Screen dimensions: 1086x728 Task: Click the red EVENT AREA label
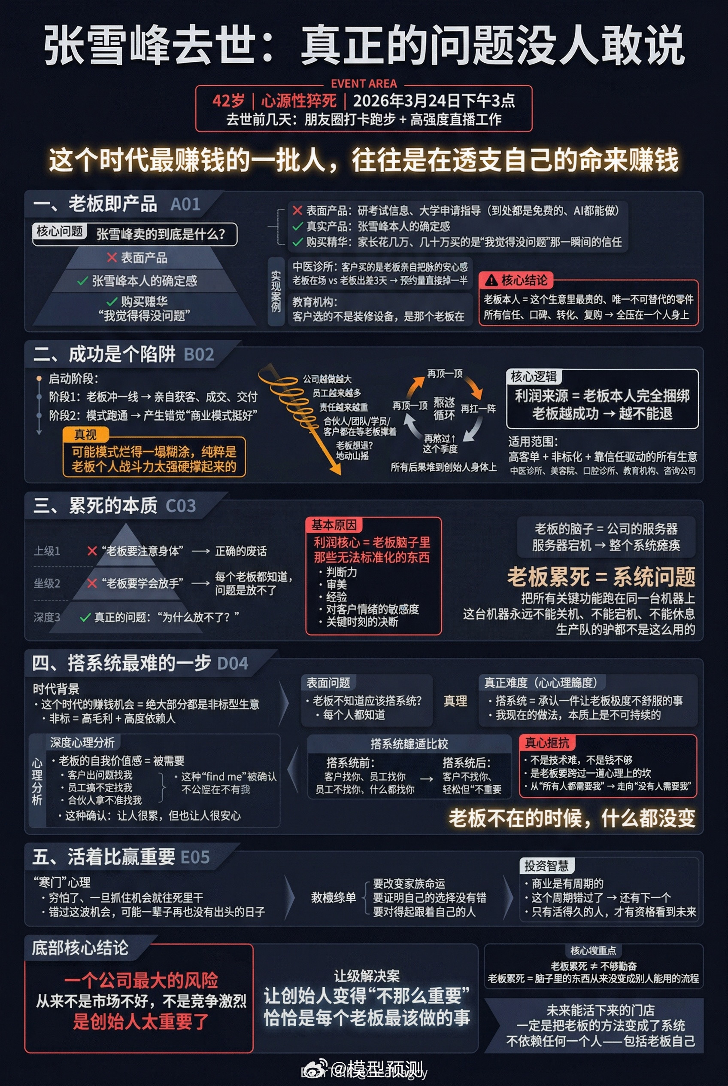click(364, 84)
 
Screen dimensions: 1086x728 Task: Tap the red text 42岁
click(228, 101)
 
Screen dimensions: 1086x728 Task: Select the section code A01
click(185, 204)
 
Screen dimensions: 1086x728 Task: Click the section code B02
click(199, 355)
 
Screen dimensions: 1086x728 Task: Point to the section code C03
click(181, 506)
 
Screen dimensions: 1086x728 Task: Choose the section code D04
click(233, 664)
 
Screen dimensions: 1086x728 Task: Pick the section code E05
click(194, 857)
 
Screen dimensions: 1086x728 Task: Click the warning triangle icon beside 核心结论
click(491, 281)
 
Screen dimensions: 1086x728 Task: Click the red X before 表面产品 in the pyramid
click(112, 257)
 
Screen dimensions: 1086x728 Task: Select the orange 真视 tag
click(85, 434)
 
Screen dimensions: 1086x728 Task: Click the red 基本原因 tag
click(334, 525)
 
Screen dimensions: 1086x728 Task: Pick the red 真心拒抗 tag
click(546, 743)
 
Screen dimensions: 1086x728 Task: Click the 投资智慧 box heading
click(546, 866)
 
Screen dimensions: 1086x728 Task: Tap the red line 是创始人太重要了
click(141, 1022)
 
